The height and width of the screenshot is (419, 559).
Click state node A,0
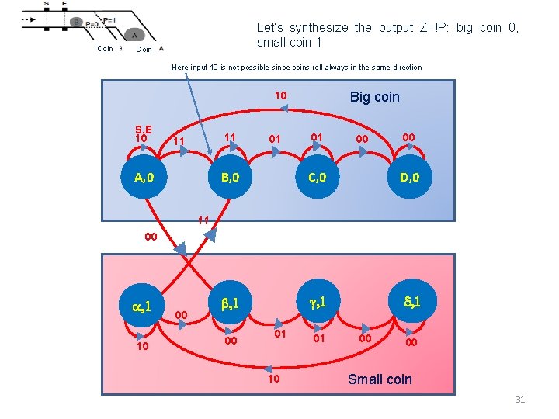144,177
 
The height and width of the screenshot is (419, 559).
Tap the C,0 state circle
317,177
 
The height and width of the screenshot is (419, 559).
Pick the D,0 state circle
410,177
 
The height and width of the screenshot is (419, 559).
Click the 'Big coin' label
374,97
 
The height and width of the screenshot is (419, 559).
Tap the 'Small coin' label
380,379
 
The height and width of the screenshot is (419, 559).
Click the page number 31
520,400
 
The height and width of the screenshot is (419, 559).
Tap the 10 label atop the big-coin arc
280,95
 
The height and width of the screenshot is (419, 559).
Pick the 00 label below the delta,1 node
411,341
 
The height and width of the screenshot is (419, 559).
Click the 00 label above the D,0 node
408,137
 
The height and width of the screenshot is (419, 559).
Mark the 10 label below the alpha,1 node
143,346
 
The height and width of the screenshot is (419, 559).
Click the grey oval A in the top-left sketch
134,34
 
